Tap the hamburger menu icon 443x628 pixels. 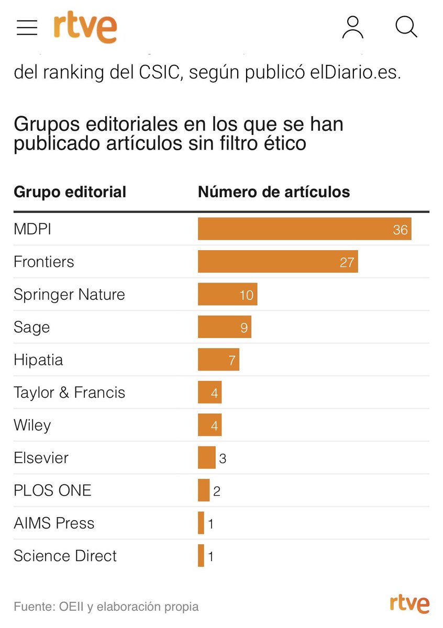point(27,28)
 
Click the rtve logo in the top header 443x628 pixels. point(85,27)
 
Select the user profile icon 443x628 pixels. point(352,27)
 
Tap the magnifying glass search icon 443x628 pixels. point(406,27)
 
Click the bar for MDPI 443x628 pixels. point(304,229)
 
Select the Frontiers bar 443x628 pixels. point(278,262)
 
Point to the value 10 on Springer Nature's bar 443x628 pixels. point(246,295)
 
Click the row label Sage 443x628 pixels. point(32,328)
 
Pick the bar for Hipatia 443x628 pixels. point(218,360)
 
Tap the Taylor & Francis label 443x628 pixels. point(70,392)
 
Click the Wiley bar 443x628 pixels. point(209,425)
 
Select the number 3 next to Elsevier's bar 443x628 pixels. point(223,458)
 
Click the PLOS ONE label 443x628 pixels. point(52,490)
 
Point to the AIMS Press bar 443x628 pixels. point(201,523)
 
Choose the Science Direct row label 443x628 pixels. point(65,556)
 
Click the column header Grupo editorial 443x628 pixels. point(70,192)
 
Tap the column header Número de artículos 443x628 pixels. point(274,192)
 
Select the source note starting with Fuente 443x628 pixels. point(106,607)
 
